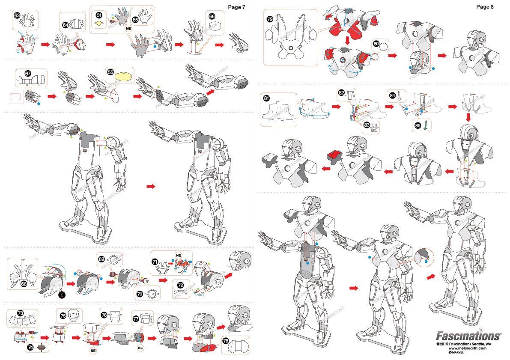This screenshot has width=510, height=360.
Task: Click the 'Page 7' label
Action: (x=236, y=7)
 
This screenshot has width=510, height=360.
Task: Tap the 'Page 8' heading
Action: (x=485, y=7)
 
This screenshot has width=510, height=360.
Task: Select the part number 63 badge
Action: (x=18, y=15)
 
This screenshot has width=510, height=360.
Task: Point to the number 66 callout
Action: (x=212, y=16)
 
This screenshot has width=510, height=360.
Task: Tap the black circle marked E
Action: (x=61, y=295)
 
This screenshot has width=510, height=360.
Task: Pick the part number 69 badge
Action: (x=101, y=259)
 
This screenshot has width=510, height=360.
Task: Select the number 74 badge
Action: (x=30, y=348)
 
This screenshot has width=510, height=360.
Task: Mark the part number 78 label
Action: (x=226, y=341)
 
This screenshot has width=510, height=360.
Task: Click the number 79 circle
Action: (x=270, y=19)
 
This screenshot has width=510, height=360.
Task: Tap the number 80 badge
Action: (x=376, y=44)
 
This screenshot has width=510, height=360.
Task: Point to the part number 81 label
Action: (x=266, y=98)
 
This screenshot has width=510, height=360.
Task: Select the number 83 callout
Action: (x=366, y=125)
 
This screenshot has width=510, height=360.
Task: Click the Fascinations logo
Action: (x=468, y=335)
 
